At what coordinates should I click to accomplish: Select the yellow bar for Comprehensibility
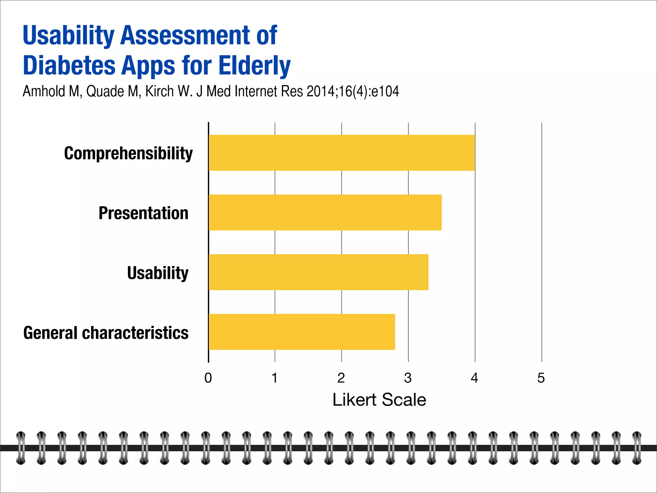[x=342, y=153]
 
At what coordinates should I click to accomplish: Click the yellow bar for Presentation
[x=325, y=212]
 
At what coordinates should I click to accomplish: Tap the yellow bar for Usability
[x=318, y=272]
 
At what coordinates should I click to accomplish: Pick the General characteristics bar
[x=302, y=332]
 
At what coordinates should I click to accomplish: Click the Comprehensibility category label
[x=128, y=153]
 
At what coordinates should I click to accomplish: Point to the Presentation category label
[x=143, y=213]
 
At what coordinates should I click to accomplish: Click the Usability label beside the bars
[x=158, y=273]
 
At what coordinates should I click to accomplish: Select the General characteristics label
[x=106, y=333]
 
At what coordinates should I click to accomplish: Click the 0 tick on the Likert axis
[x=208, y=378]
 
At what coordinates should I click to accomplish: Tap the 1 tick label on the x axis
[x=275, y=378]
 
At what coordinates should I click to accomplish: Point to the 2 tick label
[x=341, y=378]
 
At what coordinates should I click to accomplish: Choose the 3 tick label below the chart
[x=408, y=378]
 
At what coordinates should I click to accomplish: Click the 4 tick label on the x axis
[x=474, y=378]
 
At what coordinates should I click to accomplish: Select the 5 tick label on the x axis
[x=541, y=378]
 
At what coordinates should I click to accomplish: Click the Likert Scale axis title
[x=379, y=400]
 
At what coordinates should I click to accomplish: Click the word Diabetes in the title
[x=69, y=65]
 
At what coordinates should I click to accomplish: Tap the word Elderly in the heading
[x=254, y=65]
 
